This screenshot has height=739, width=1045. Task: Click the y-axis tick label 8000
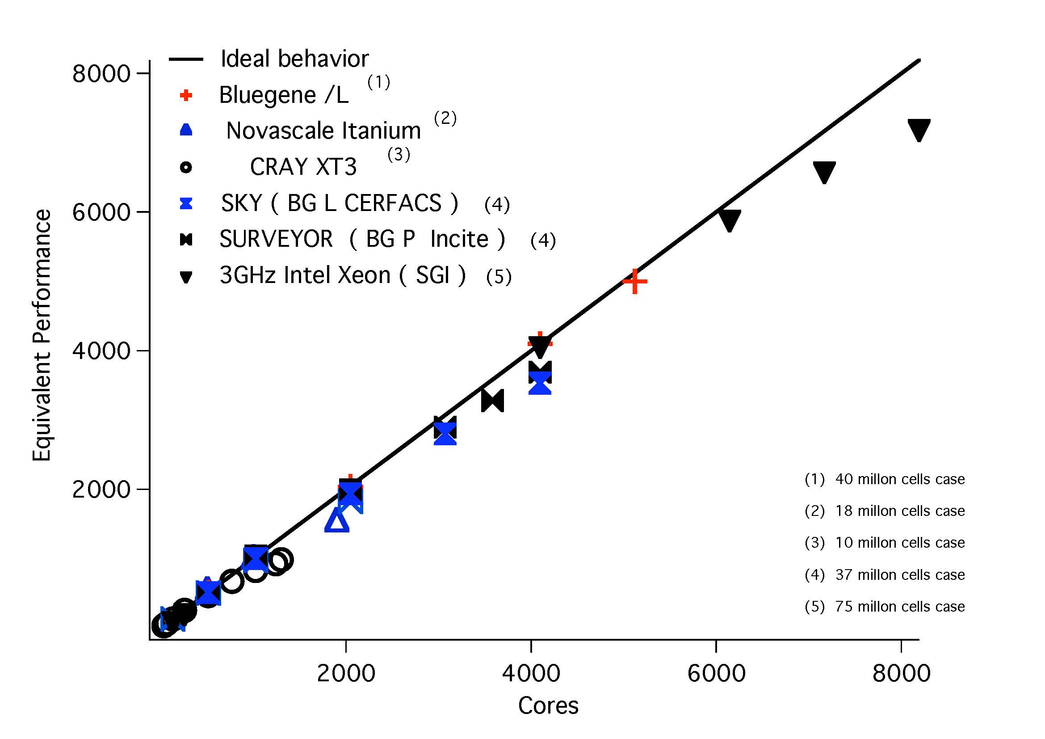tap(101, 73)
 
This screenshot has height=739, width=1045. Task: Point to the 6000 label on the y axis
tap(101, 212)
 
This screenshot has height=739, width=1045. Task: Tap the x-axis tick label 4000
tap(531, 673)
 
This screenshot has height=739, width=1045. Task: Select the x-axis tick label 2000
tap(346, 673)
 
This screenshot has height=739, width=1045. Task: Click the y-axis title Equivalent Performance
tap(42, 335)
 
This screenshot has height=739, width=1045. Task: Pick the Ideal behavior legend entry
tap(294, 59)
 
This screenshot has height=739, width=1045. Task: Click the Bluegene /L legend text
tap(284, 95)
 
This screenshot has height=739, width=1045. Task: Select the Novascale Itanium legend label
tap(323, 131)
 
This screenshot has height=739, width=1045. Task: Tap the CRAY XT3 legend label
tap(303, 167)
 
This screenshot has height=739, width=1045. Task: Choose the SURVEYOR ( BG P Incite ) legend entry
tap(362, 239)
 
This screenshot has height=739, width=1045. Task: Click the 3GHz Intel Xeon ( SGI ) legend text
tap(342, 275)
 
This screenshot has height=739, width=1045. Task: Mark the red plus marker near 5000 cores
tap(634, 281)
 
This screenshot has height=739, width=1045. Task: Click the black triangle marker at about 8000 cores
tap(919, 130)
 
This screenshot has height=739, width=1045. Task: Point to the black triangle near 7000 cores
tap(824, 172)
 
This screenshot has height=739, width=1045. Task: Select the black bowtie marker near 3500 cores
tap(492, 401)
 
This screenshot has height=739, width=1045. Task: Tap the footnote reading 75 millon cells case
tap(899, 607)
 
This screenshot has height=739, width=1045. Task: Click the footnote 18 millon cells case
tap(899, 511)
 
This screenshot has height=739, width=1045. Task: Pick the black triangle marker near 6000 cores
tap(729, 220)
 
